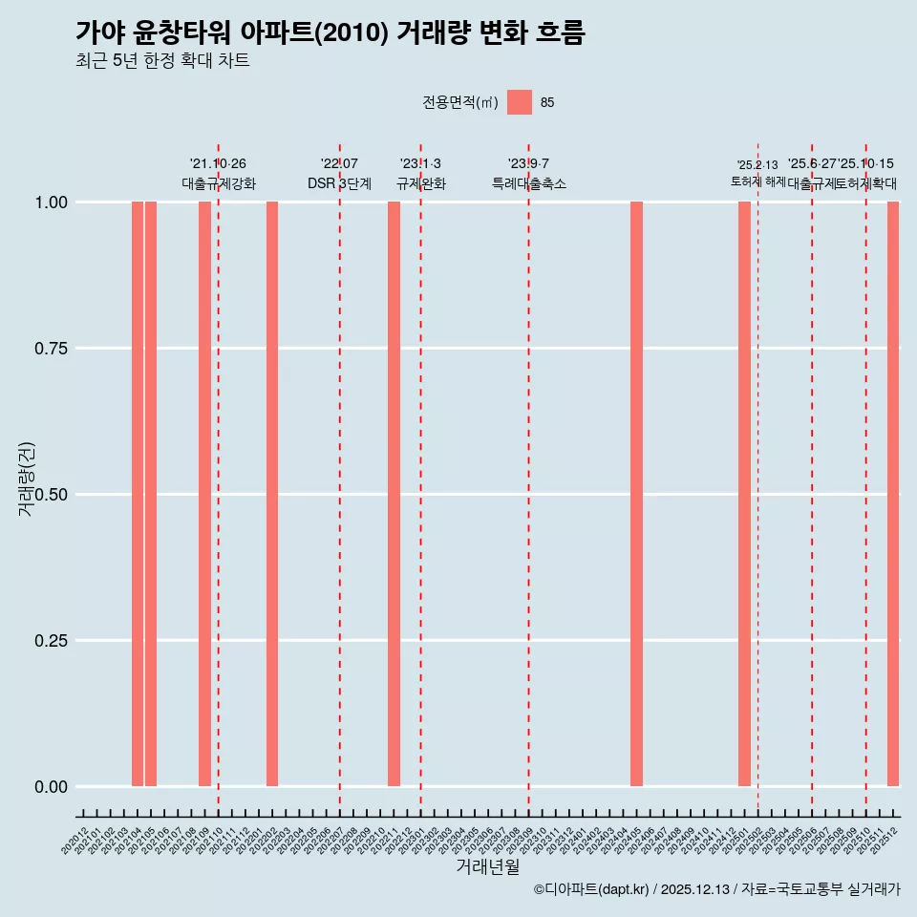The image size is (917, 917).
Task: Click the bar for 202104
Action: pyautogui.click(x=138, y=494)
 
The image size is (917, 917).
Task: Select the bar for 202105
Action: pyautogui.click(x=151, y=494)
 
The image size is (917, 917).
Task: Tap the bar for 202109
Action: pyautogui.click(x=204, y=494)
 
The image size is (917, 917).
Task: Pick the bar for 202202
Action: pyautogui.click(x=272, y=494)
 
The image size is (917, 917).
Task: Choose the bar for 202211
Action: pyautogui.click(x=394, y=494)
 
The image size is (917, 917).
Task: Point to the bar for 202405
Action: pyautogui.click(x=636, y=494)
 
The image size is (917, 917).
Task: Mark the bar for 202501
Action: pyautogui.click(x=744, y=494)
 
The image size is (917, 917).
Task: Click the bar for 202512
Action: pyautogui.click(x=893, y=494)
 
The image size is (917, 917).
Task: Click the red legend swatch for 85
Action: pyautogui.click(x=520, y=102)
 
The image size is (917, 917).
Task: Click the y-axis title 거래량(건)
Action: pyautogui.click(x=27, y=478)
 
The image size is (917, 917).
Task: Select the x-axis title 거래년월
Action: pyautogui.click(x=487, y=866)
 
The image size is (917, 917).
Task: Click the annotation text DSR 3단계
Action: pyautogui.click(x=339, y=183)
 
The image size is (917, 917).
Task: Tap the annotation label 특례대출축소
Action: pyautogui.click(x=528, y=183)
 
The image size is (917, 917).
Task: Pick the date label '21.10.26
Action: pyautogui.click(x=218, y=164)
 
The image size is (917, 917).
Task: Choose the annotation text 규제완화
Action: pyautogui.click(x=420, y=183)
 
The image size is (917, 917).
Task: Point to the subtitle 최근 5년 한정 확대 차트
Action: pyautogui.click(x=162, y=61)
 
